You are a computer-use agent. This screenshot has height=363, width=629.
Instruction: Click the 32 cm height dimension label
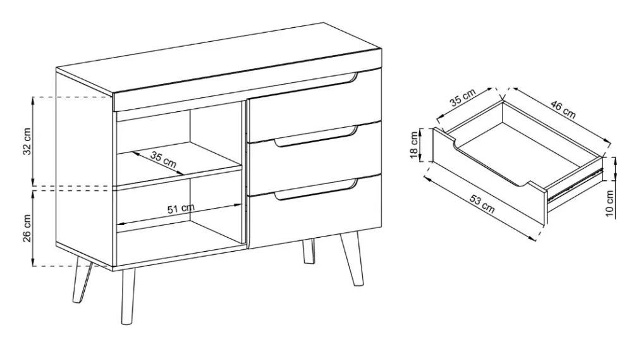pyautogui.click(x=27, y=142)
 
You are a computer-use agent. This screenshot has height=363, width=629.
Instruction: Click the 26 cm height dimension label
pyautogui.click(x=27, y=228)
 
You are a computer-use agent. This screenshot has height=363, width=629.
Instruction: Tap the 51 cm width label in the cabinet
pyautogui.click(x=181, y=208)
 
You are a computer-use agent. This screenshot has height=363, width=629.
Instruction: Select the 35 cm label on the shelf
pyautogui.click(x=163, y=159)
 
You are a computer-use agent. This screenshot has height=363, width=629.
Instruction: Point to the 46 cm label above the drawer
pyautogui.click(x=563, y=110)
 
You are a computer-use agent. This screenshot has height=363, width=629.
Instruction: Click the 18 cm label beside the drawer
pyautogui.click(x=415, y=145)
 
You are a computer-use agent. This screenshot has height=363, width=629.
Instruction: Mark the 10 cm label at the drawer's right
pyautogui.click(x=610, y=204)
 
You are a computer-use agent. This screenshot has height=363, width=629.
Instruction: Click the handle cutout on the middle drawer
pyautogui.click(x=316, y=137)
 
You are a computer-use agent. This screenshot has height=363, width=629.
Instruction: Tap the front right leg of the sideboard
pyautogui.click(x=352, y=259)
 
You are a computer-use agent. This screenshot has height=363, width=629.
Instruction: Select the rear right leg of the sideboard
pyautogui.click(x=308, y=251)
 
